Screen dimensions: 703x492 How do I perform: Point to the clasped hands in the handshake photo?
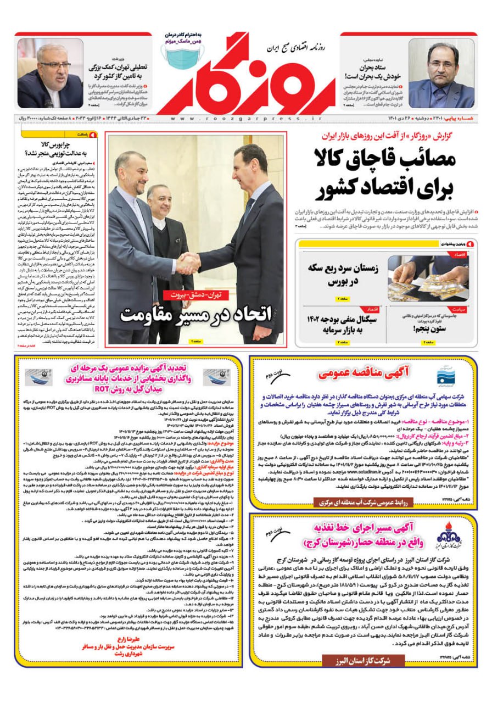[188, 263]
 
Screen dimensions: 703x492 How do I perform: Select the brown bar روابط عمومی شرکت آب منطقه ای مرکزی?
[362, 501]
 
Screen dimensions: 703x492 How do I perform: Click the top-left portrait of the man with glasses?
[50, 75]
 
